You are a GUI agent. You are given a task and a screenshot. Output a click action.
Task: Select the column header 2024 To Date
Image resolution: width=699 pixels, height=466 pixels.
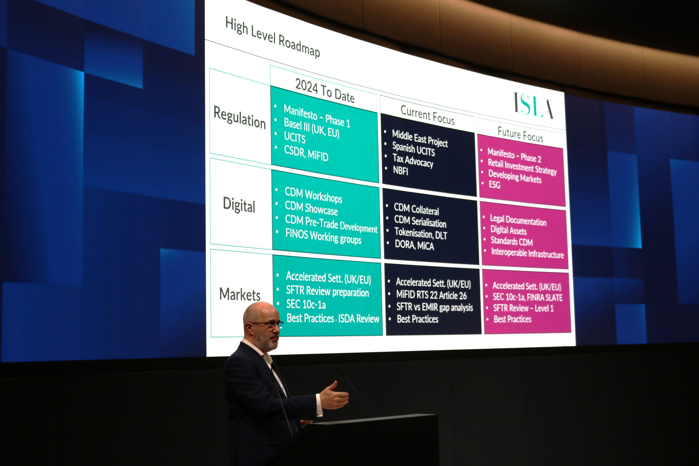tap(325, 91)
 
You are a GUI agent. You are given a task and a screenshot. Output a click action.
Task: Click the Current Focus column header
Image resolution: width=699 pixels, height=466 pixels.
tap(427, 115)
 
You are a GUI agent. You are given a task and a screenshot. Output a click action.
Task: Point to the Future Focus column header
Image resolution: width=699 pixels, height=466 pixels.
tap(520, 134)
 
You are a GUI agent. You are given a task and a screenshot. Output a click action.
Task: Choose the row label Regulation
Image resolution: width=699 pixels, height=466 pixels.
tap(239, 117)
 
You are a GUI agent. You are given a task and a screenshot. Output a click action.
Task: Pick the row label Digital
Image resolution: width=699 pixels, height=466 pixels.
tap(239, 205)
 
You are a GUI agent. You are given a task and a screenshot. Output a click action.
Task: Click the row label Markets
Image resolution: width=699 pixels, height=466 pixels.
tap(240, 294)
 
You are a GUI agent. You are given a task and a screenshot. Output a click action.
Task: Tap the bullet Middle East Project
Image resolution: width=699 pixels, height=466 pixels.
tap(420, 138)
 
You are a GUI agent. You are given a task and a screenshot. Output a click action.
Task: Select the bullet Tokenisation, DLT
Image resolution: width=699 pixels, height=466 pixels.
tap(420, 233)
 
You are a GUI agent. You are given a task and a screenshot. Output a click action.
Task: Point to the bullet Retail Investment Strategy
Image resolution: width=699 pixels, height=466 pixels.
tap(522, 167)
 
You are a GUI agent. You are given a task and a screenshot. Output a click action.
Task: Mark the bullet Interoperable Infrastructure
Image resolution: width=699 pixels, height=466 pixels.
tap(527, 253)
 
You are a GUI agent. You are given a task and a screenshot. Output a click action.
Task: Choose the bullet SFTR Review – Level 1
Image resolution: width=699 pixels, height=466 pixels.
tap(523, 308)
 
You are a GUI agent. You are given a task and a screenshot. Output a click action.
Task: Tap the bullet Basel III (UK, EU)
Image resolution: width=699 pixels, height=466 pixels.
tap(312, 128)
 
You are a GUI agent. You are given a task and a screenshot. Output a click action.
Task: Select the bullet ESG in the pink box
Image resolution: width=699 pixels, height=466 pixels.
tap(494, 185)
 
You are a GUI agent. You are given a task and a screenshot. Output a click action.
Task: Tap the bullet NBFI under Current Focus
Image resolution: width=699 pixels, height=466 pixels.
tap(400, 171)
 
